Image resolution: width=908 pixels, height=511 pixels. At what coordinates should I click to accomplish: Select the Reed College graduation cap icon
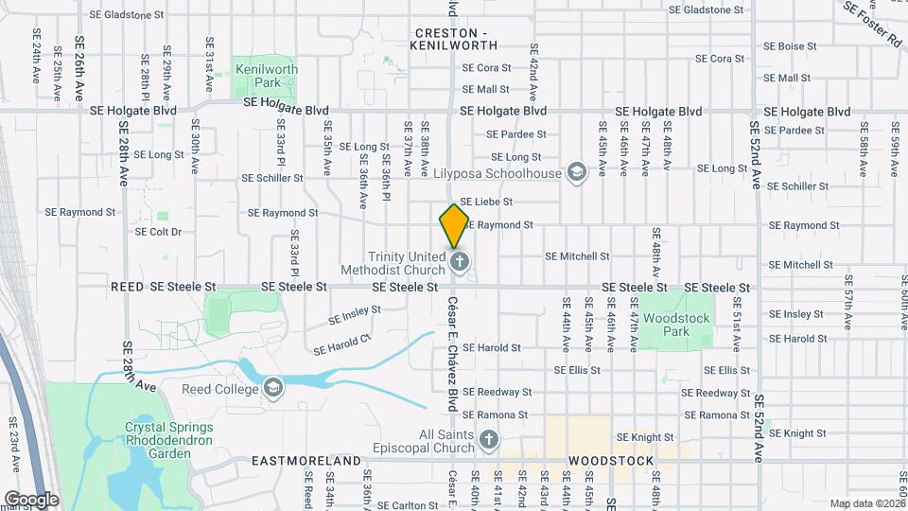coord(273,388)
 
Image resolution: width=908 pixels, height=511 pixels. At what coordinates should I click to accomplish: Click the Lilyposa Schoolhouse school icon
coord(576,172)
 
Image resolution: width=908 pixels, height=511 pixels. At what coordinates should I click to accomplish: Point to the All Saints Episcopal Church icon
coord(488,439)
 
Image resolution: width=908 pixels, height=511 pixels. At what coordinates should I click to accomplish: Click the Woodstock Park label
coord(675,326)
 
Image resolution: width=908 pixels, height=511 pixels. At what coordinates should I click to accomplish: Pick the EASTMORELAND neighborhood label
coord(307,461)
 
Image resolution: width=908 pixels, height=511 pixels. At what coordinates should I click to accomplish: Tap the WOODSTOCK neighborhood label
coord(611,461)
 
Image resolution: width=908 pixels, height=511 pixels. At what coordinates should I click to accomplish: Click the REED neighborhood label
coord(127,286)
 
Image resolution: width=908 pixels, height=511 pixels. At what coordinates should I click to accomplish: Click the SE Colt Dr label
coord(158,231)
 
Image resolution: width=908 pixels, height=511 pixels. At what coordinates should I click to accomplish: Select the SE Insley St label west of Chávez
coord(355,313)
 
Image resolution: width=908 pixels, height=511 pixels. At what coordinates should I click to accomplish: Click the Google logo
coord(31,499)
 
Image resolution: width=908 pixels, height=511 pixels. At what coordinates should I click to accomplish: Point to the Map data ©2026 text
coord(865,503)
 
